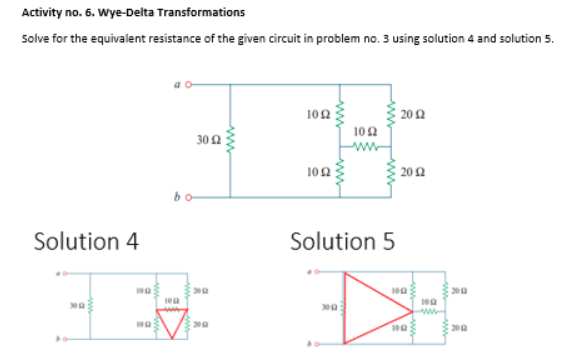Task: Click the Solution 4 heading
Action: click(x=87, y=241)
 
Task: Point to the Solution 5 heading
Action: click(x=342, y=241)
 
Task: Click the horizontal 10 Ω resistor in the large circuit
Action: click(x=365, y=143)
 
